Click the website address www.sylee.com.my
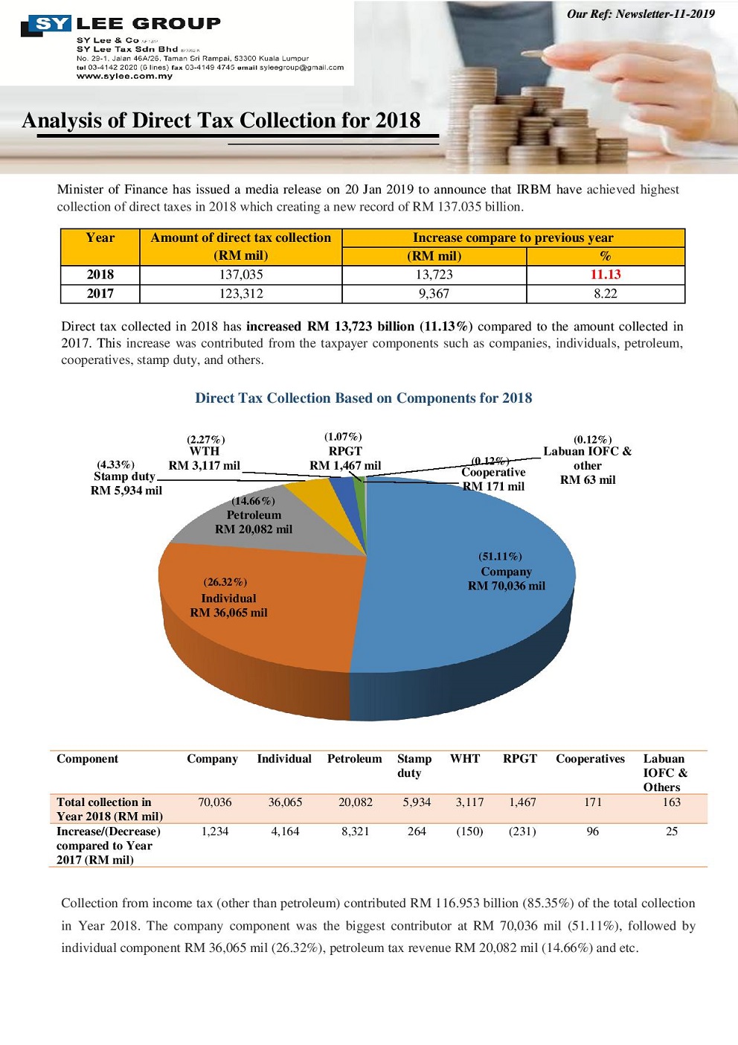click(124, 76)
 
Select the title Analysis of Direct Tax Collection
click(221, 121)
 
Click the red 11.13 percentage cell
click(605, 275)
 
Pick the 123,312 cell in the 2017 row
click(240, 293)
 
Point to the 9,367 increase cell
click(434, 293)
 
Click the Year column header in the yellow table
click(100, 238)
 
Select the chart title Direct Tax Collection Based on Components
click(363, 398)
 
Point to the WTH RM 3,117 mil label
click(204, 458)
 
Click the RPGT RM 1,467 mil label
click(344, 458)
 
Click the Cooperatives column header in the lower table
click(590, 759)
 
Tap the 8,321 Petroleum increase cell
click(355, 831)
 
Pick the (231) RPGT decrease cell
click(522, 831)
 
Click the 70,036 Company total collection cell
click(214, 802)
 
